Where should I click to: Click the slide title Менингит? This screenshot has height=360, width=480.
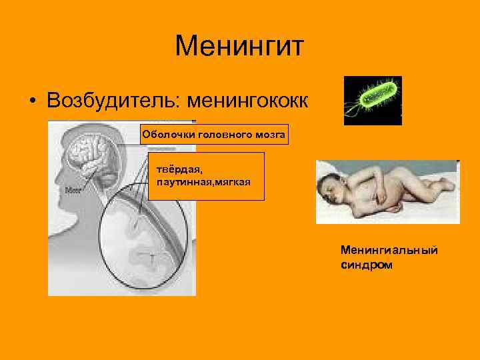[x=239, y=47]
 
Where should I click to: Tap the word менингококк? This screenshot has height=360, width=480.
[x=248, y=100]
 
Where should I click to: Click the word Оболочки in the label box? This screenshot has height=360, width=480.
[x=165, y=135]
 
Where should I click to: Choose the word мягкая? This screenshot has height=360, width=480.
[x=230, y=181]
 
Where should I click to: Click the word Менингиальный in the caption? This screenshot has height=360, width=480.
[x=389, y=250]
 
